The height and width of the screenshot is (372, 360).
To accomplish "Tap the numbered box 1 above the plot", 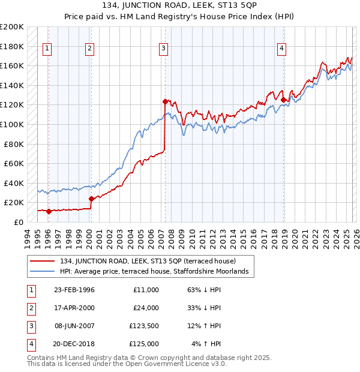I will [47, 49].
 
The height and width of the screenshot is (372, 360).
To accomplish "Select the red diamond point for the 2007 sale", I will [164, 102].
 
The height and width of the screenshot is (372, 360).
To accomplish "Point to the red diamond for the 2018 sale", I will [283, 100].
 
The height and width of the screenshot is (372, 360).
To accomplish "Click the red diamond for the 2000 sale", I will [91, 199].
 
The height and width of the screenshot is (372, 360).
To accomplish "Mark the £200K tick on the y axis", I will [12, 27].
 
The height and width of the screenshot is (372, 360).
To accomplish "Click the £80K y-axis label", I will [14, 144].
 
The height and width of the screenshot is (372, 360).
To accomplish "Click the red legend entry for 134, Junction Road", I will [148, 261].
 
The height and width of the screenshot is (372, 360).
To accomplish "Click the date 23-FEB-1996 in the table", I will [74, 290].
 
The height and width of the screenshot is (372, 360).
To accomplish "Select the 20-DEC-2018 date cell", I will [74, 344].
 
